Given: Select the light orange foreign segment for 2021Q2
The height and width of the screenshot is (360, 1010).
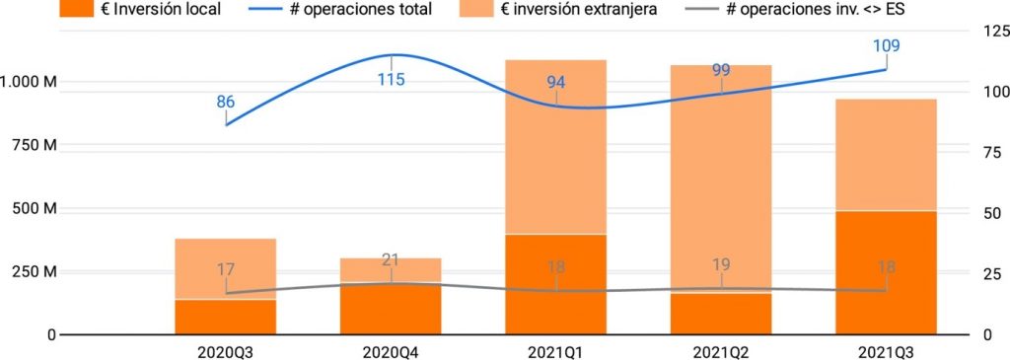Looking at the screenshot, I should pyautogui.click(x=720, y=178).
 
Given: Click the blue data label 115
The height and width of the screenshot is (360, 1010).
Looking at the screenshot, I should pyautogui.click(x=392, y=79).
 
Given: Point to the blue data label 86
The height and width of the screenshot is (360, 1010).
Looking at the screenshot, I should pyautogui.click(x=226, y=102).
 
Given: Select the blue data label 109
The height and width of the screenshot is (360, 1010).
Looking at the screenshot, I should pyautogui.click(x=886, y=45).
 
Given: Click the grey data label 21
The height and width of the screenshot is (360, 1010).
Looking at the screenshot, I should pyautogui.click(x=392, y=260).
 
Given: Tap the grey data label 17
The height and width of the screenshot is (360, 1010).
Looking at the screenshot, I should pyautogui.click(x=226, y=268).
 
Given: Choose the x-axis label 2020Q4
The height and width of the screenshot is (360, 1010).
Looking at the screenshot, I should pyautogui.click(x=391, y=349).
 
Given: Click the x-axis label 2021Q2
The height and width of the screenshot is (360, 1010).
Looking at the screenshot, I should pyautogui.click(x=720, y=349).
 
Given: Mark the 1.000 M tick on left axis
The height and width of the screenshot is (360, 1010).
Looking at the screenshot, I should pyautogui.click(x=29, y=82).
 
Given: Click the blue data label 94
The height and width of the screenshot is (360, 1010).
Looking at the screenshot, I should pyautogui.click(x=556, y=82).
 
